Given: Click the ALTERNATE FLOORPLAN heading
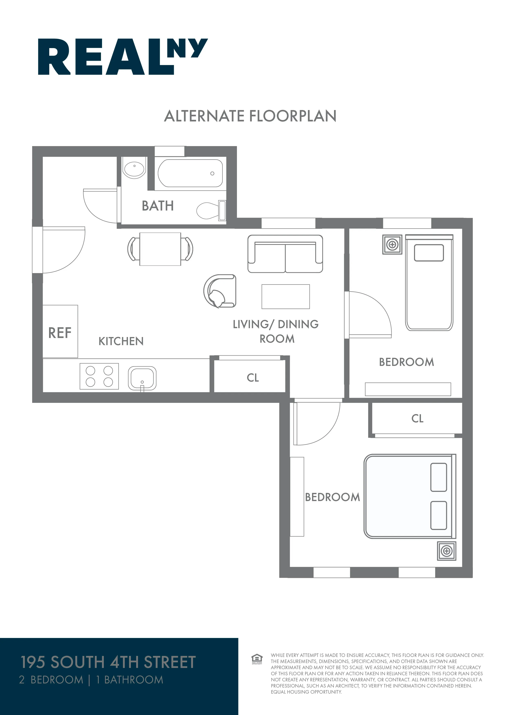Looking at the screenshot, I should [250, 116].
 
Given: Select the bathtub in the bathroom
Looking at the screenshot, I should [190, 173].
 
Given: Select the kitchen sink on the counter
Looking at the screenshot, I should [142, 378].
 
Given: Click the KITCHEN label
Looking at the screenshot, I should [121, 341].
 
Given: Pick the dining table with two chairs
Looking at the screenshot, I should [160, 249].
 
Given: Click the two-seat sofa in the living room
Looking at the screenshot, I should [285, 254].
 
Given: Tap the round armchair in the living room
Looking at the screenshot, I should [220, 291].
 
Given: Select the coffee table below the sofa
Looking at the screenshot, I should [285, 296].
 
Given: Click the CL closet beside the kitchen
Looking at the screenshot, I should [252, 377].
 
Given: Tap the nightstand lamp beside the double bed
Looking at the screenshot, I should [447, 551].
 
